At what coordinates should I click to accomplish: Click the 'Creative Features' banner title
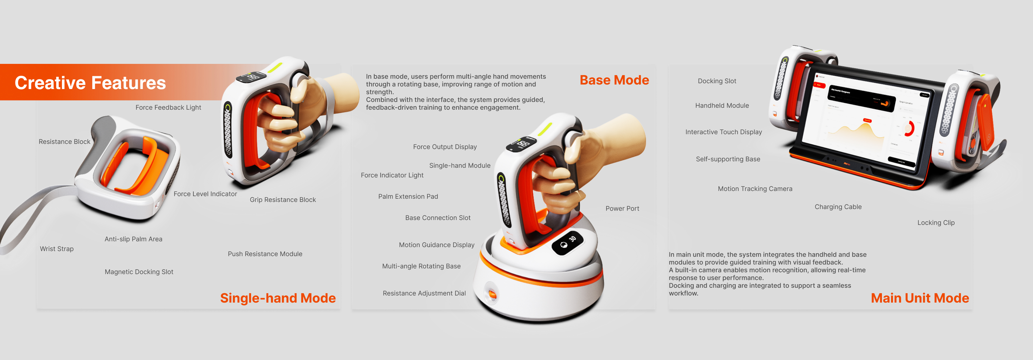click(x=90, y=83)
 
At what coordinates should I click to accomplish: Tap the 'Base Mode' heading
click(x=614, y=80)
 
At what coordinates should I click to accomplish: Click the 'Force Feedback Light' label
click(x=168, y=107)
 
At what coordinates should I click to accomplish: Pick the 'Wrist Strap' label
click(x=56, y=249)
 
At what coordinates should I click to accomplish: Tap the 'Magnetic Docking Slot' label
click(x=139, y=272)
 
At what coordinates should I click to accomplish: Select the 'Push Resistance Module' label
click(x=265, y=254)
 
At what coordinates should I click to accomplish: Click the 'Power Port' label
click(x=622, y=208)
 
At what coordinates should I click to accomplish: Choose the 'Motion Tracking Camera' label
click(x=755, y=189)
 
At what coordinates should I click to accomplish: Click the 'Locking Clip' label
click(x=936, y=223)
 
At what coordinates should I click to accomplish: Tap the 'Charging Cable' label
click(x=838, y=207)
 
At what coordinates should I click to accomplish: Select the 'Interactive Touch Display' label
click(x=723, y=132)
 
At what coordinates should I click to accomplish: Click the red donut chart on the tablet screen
click(x=909, y=128)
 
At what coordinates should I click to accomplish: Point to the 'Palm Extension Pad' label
click(x=408, y=196)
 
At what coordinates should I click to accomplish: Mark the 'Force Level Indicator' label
click(x=205, y=194)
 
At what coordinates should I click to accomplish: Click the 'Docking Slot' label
click(x=717, y=81)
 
